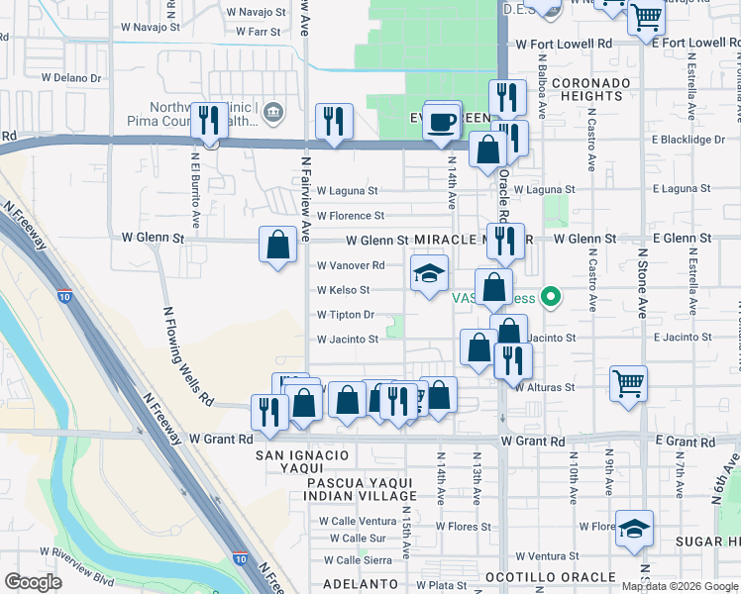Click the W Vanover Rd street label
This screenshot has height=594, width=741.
pos(350,265)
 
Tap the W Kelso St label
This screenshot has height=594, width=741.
pos(343,290)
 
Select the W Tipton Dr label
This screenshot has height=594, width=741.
pos(346,315)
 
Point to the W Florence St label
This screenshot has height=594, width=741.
pos(350,216)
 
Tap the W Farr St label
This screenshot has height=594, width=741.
pos(260,31)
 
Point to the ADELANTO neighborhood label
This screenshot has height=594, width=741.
pos(360,584)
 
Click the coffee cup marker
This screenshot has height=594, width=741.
pos(442,123)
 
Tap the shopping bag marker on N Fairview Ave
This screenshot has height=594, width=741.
pos(278,244)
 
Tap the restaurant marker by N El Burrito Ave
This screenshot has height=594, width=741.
pos(208,121)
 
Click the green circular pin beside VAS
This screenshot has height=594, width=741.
pos(553,296)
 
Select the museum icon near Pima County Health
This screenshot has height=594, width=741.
pos(271,114)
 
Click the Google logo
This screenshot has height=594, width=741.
pos(33,582)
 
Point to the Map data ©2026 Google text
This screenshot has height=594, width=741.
pos(680,586)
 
